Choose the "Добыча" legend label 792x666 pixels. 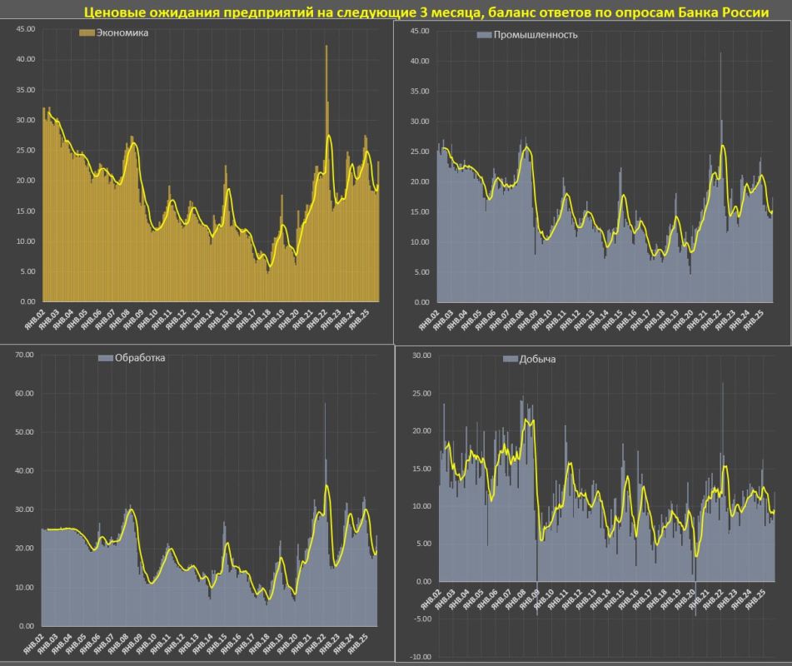(x=539, y=359)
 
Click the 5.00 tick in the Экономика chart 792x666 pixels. (x=27, y=271)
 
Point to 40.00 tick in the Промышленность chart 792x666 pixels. (x=419, y=61)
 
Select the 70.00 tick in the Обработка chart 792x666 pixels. (x=24, y=355)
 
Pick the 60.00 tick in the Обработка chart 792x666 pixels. (x=24, y=394)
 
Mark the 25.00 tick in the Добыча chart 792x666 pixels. (x=420, y=393)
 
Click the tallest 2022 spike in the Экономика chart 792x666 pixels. (x=326, y=48)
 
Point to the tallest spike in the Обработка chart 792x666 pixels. (x=325, y=405)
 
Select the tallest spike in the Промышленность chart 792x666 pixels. (x=720, y=54)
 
